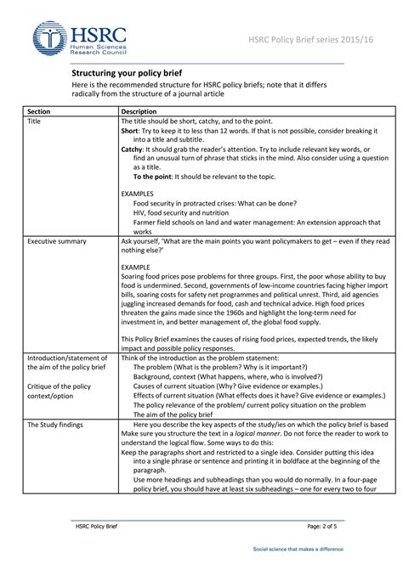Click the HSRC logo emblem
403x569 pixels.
pos(50,37)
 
